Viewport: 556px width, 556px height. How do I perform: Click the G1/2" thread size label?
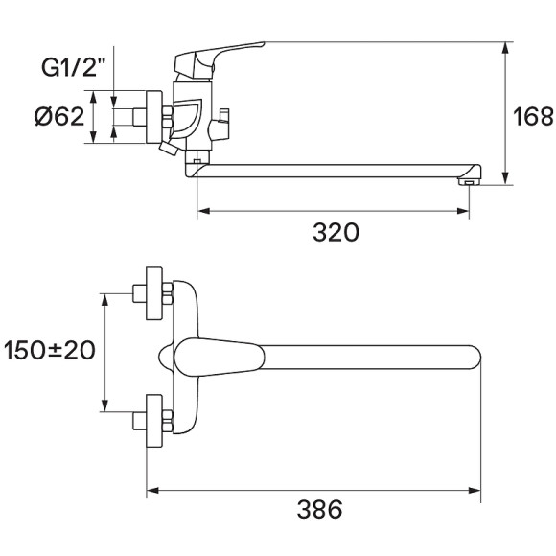[74, 69]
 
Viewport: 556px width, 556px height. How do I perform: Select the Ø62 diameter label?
[58, 117]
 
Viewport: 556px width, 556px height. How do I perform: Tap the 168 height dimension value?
[533, 117]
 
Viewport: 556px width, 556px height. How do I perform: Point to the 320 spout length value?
[336, 233]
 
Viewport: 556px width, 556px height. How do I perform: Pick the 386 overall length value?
[320, 510]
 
